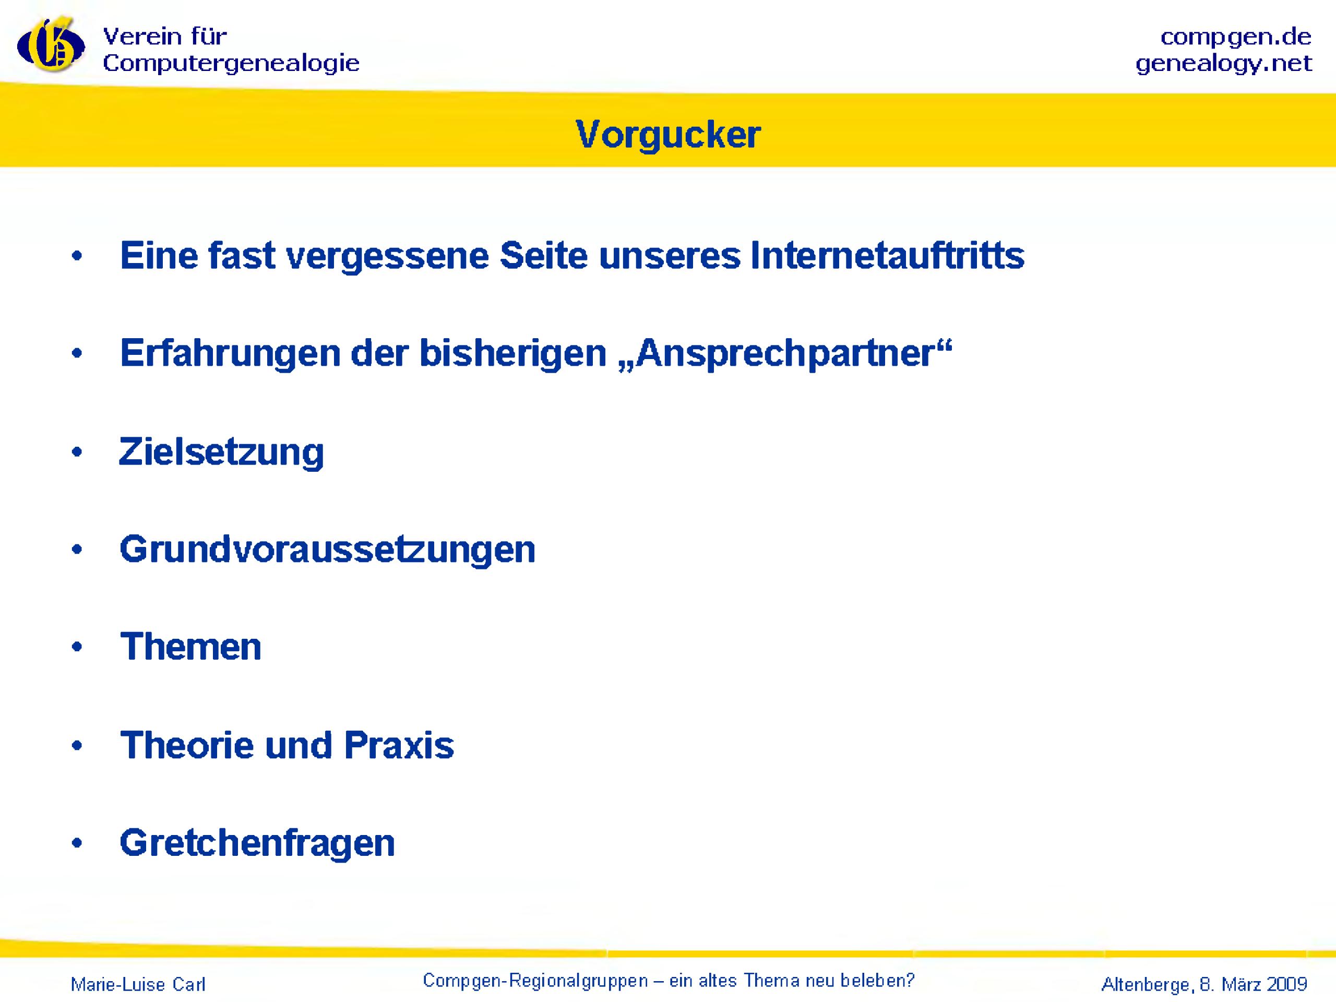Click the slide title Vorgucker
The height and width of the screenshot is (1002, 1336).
click(x=668, y=134)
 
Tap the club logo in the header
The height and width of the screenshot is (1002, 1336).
click(x=51, y=45)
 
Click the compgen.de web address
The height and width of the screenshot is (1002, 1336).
click(x=1236, y=38)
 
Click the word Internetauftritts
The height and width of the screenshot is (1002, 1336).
click(x=887, y=256)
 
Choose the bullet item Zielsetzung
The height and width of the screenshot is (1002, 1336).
click(x=222, y=452)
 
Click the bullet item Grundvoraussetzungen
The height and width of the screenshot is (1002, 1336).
click(x=328, y=550)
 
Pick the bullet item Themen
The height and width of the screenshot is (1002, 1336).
click(x=191, y=647)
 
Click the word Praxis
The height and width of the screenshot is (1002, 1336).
click(x=399, y=745)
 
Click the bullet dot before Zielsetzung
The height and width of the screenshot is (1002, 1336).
click(x=77, y=452)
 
